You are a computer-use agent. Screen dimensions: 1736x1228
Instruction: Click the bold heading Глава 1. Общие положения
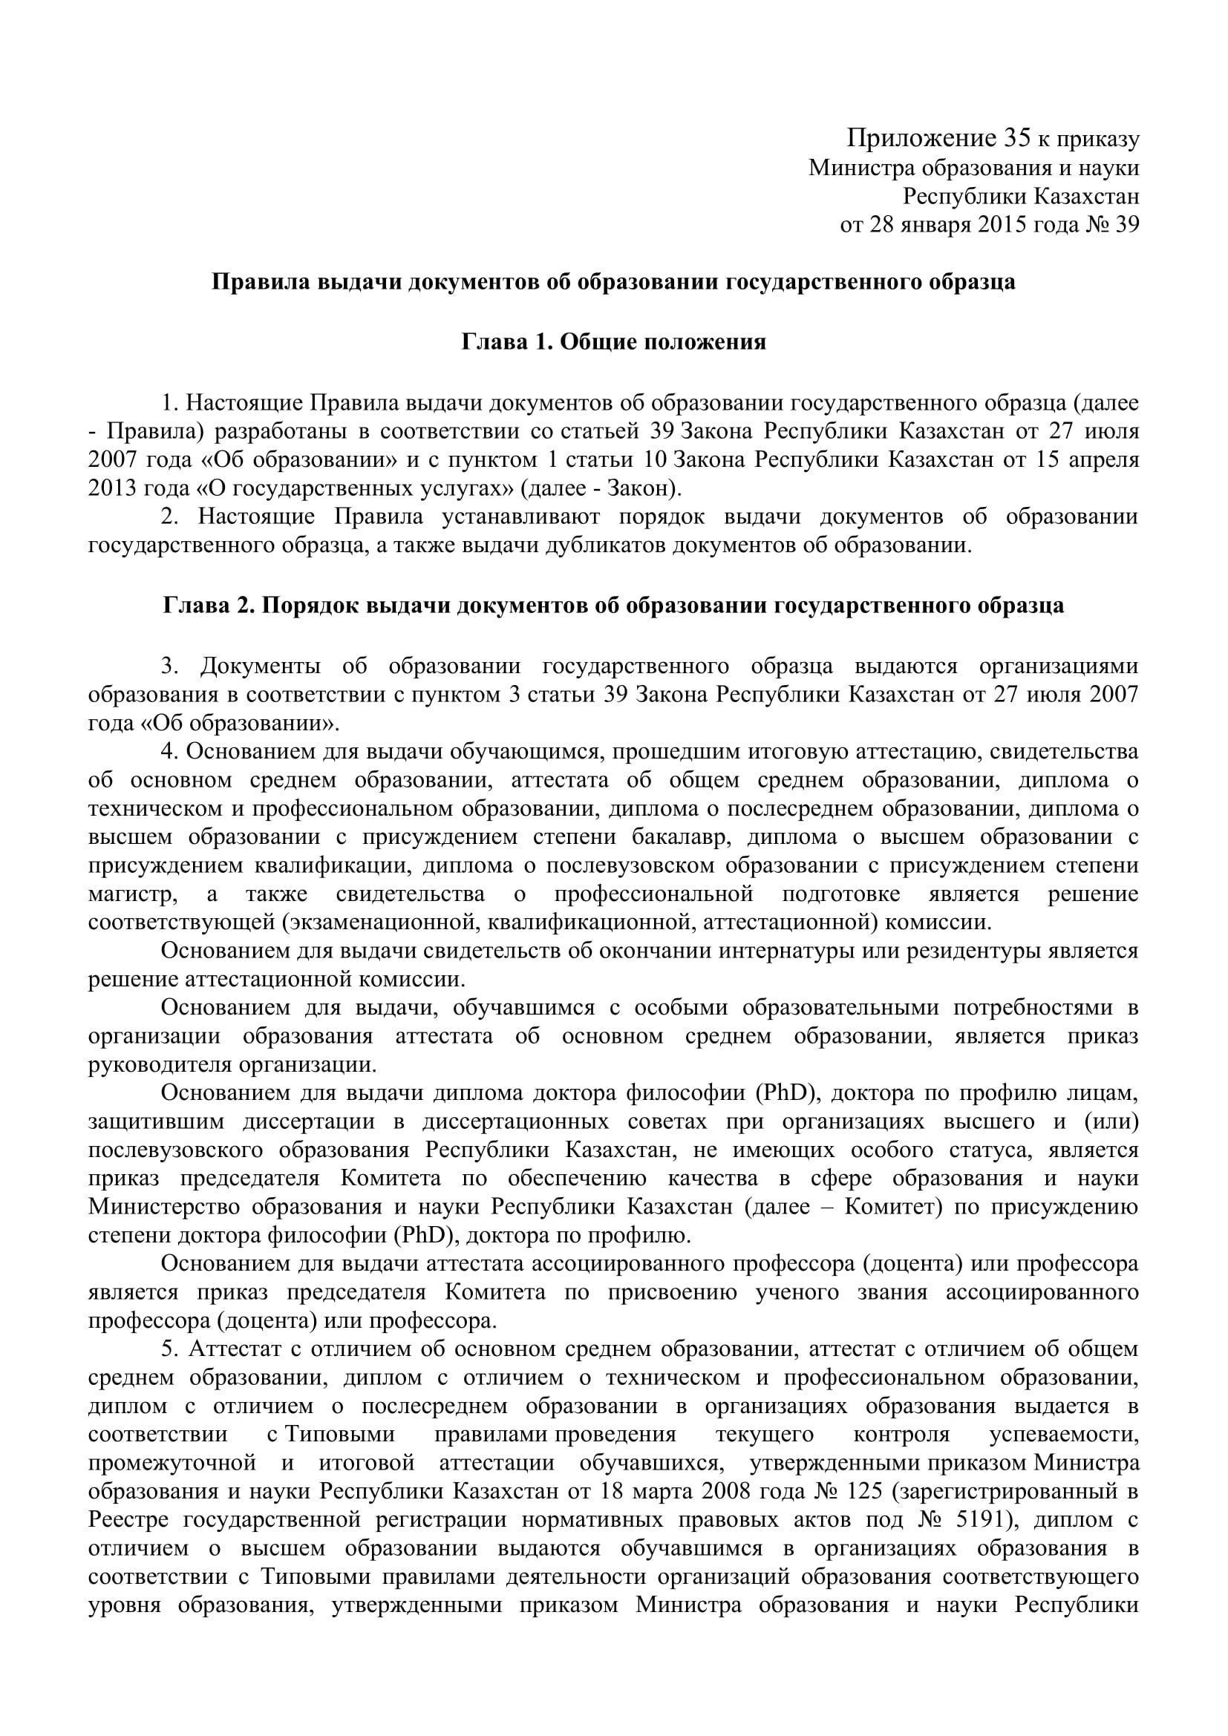(613, 341)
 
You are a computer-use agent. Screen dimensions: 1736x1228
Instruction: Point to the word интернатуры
(786, 951)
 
